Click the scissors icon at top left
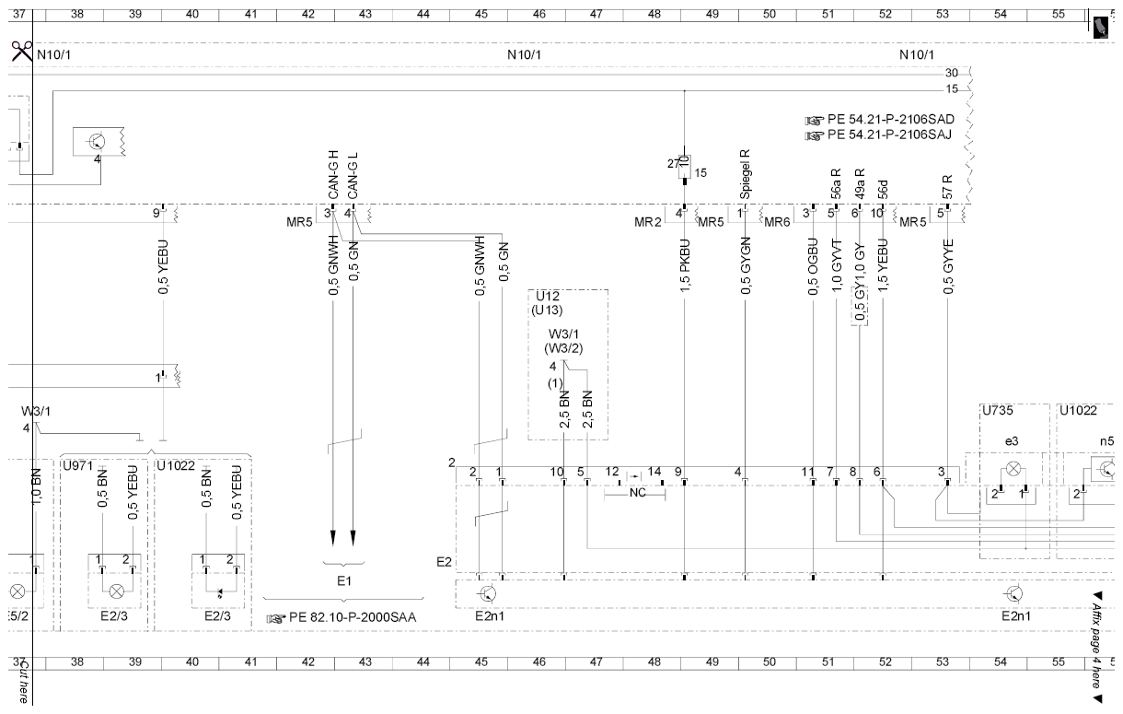click(x=22, y=52)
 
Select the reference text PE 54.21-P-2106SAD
click(x=891, y=120)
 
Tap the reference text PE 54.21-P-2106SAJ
click(x=889, y=135)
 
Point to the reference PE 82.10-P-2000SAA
click(x=353, y=617)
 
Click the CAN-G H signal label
click(x=333, y=175)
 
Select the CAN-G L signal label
click(x=353, y=176)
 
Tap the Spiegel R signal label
click(x=745, y=173)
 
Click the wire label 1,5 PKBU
click(x=685, y=266)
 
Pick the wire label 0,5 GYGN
click(x=746, y=265)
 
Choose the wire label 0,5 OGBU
click(x=813, y=266)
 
